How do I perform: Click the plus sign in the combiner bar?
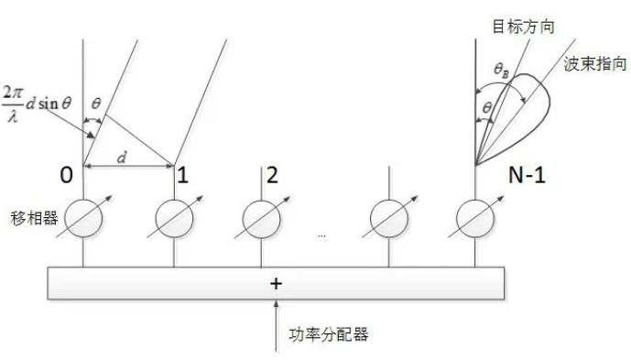tap(276, 283)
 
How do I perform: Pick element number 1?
tap(183, 176)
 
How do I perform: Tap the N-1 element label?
tap(526, 175)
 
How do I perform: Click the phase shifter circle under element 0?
tap(84, 220)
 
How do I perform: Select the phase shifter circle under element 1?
tap(174, 220)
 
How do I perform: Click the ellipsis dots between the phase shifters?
tap(321, 235)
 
